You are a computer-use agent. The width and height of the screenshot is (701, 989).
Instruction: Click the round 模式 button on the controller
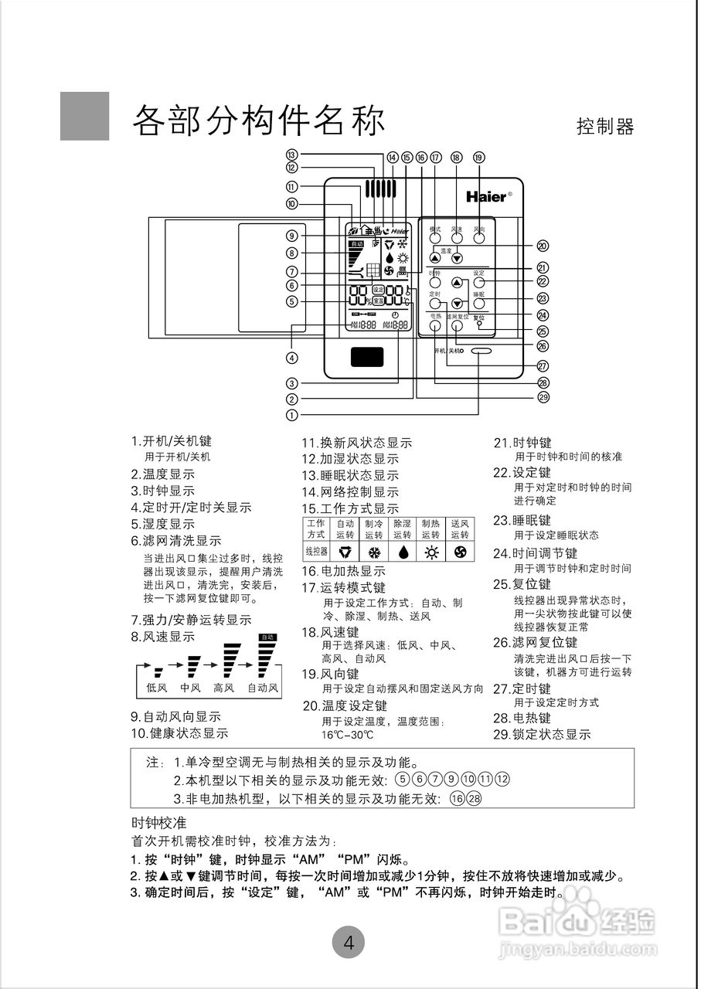[x=435, y=238]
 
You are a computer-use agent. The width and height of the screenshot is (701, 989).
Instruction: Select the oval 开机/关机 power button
[x=479, y=351]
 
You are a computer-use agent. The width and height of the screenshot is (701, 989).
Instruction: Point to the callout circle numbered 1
[x=291, y=414]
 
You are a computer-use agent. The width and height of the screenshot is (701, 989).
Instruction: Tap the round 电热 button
[x=435, y=325]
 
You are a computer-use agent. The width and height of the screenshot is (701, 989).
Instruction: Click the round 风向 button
[x=479, y=238]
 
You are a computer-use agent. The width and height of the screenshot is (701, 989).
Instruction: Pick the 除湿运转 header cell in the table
[x=402, y=529]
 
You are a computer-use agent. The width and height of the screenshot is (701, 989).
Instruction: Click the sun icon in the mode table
[x=430, y=552]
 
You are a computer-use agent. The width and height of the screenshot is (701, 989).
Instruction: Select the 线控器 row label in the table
[x=316, y=552]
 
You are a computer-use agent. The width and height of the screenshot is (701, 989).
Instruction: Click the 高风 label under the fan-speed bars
[x=224, y=688]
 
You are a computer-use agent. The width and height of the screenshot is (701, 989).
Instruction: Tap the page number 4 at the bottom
[x=349, y=943]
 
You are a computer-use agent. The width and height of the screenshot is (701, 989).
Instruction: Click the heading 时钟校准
[x=159, y=821]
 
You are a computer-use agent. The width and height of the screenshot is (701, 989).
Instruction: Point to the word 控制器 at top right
[x=605, y=127]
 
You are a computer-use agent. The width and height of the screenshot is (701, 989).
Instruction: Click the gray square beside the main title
[x=85, y=116]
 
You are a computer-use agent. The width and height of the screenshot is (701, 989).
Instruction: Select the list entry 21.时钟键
[x=522, y=443]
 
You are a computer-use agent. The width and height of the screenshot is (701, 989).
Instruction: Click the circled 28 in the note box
[x=473, y=798]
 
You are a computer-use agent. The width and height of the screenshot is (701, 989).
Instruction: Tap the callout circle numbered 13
[x=291, y=155]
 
